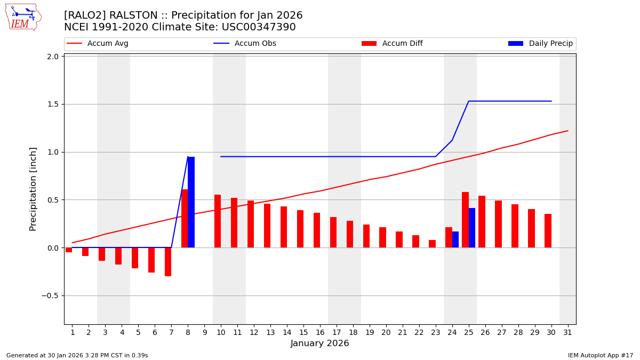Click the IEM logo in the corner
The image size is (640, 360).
tap(23, 17)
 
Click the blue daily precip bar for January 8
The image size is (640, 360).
tap(191, 202)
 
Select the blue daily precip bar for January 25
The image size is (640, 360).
tap(472, 228)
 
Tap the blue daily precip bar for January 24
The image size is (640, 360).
tap(455, 239)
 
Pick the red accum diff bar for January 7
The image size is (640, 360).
tap(168, 262)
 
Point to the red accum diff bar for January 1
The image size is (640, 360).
tap(69, 250)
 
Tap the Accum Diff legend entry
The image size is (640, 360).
tap(392, 44)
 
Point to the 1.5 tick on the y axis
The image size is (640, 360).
tap(52, 104)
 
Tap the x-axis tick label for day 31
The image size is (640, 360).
tap(567, 332)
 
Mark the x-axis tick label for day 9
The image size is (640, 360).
tap(204, 332)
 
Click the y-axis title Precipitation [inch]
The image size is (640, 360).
tap(33, 189)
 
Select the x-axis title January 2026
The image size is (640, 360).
tap(319, 343)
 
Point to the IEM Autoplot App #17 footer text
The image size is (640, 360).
tap(601, 355)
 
